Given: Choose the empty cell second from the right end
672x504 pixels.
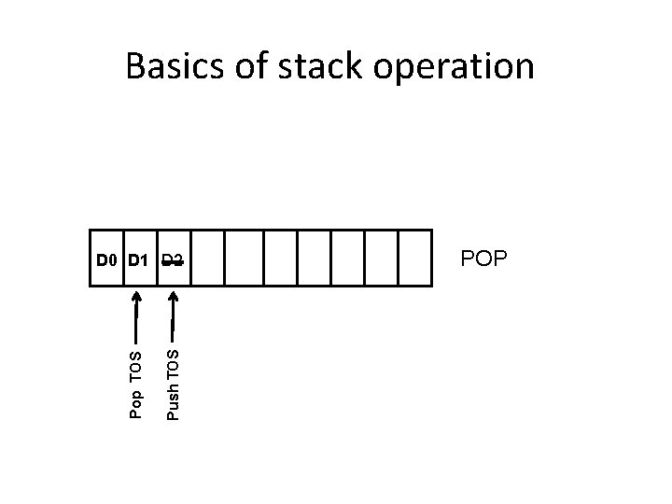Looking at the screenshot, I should tap(381, 258).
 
